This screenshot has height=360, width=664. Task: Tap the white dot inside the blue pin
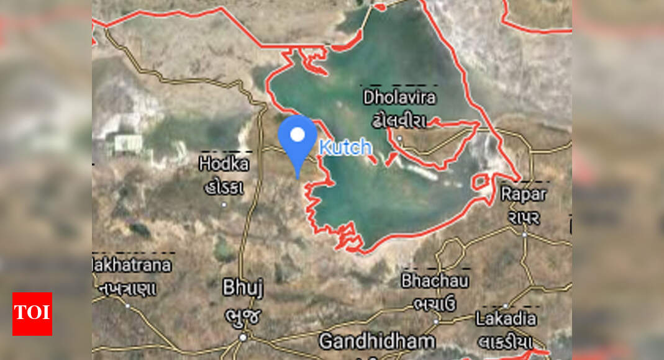(x=298, y=135)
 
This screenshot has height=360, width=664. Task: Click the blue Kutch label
(x=345, y=148)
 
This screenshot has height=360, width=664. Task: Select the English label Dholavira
(x=399, y=97)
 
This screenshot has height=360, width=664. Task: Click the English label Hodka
(x=224, y=164)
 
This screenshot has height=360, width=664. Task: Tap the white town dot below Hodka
(x=224, y=204)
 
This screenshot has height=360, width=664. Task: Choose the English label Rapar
(x=524, y=194)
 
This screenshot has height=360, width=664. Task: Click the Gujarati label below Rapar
(x=524, y=217)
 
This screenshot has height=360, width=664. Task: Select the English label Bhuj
(x=243, y=288)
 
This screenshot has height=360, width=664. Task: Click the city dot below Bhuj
(x=243, y=337)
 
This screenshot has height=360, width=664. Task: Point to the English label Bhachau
(x=435, y=280)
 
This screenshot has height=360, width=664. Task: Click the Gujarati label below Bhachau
(x=435, y=304)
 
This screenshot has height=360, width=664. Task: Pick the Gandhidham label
(x=377, y=341)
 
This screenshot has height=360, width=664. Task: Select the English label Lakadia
(x=506, y=319)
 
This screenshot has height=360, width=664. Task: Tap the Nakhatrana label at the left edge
(x=132, y=265)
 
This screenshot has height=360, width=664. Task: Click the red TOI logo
(x=32, y=313)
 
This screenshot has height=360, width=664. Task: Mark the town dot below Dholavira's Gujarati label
(x=400, y=138)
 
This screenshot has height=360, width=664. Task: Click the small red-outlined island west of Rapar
(x=480, y=182)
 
